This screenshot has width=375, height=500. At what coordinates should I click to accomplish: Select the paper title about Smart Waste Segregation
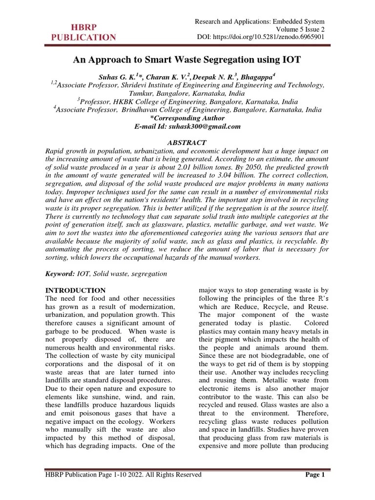pos(187,60)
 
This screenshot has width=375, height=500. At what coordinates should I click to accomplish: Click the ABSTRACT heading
pos(187,143)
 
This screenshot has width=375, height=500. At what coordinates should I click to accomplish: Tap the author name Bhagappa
pos(258,76)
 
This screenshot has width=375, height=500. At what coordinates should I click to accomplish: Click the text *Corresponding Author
pos(187,118)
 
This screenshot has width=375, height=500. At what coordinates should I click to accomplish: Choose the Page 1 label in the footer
pos(314,475)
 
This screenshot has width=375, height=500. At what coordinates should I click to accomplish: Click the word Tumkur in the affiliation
pos(140,93)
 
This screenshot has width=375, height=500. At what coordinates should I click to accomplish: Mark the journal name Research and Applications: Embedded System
pos(260,21)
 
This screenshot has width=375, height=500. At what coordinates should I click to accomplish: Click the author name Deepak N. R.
pos(216,76)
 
